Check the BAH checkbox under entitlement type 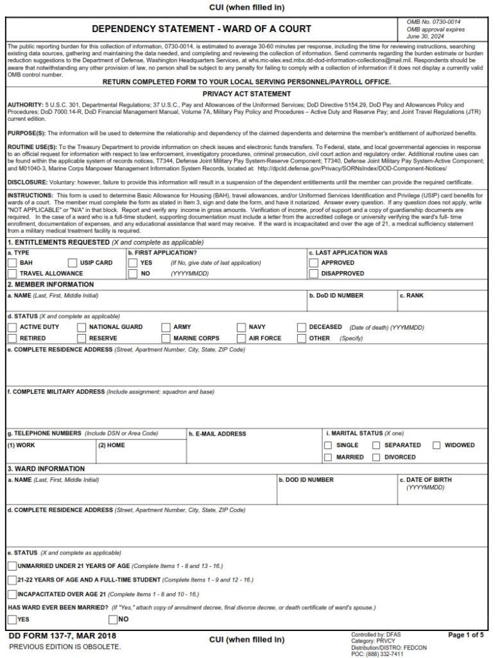pyautogui.click(x=12, y=263)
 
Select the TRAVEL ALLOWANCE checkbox pyautogui.click(x=12, y=274)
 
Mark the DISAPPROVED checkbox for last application pyautogui.click(x=313, y=274)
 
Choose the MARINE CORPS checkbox pyautogui.click(x=166, y=338)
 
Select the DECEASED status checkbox pyautogui.click(x=302, y=327)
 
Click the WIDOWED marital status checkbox pyautogui.click(x=437, y=445)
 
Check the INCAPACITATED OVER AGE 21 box pyautogui.click(x=12, y=594)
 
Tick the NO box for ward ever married pyautogui.click(x=113, y=619)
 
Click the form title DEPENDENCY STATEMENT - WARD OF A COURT pyautogui.click(x=201, y=29)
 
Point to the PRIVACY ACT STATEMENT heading pyautogui.click(x=247, y=94)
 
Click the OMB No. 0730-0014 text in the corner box pyautogui.click(x=433, y=22)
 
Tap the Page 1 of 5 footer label pyautogui.click(x=465, y=636)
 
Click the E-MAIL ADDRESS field pyautogui.click(x=253, y=449)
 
